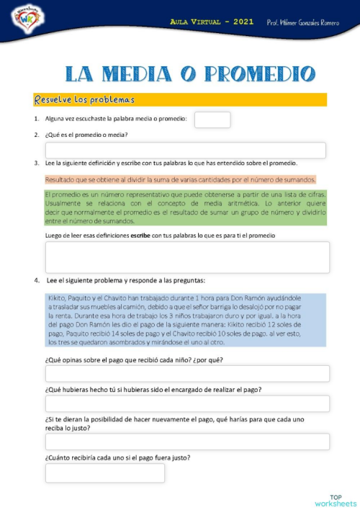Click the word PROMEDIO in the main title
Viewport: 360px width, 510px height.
pyautogui.click(x=259, y=73)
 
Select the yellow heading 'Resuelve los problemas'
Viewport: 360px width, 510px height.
pyautogui.click(x=84, y=99)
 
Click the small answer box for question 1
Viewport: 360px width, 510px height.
pyautogui.click(x=212, y=120)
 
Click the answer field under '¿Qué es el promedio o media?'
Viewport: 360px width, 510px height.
pyautogui.click(x=185, y=151)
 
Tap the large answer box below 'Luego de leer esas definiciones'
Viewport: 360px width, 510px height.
pyautogui.click(x=187, y=257)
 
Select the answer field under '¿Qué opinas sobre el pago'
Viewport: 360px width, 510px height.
pyautogui.click(x=187, y=374)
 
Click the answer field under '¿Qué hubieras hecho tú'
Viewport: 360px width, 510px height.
pyautogui.click(x=187, y=404)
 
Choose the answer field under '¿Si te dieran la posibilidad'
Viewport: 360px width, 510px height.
pyautogui.click(x=187, y=442)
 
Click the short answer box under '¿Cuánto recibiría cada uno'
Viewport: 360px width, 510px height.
pyautogui.click(x=104, y=473)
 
